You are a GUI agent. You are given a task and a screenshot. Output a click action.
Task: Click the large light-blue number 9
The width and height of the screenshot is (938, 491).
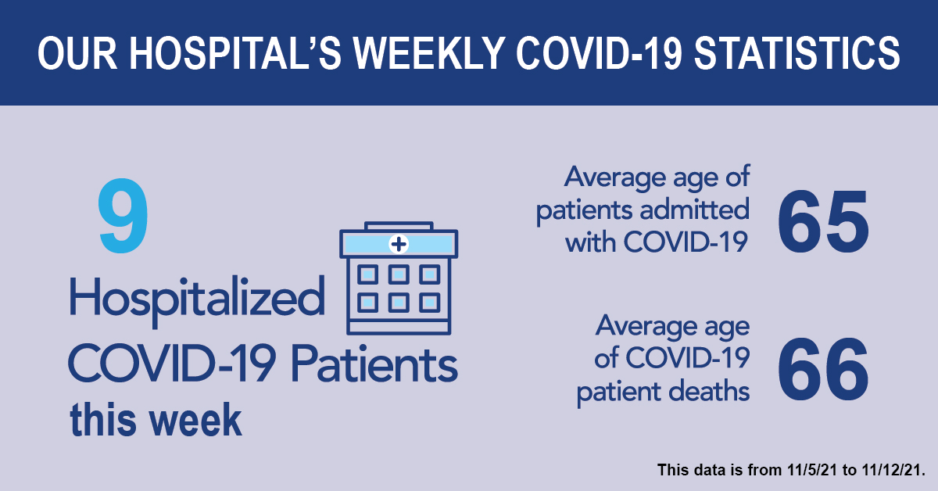tap(124, 215)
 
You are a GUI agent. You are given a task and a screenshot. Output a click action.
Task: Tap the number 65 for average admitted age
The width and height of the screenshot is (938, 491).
tap(823, 221)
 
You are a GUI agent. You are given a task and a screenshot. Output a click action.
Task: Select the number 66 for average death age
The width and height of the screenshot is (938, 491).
tap(823, 370)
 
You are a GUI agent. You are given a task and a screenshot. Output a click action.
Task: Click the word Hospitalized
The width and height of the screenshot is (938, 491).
tap(197, 300)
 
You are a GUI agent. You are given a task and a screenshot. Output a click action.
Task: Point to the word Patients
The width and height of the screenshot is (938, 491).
tap(374, 363)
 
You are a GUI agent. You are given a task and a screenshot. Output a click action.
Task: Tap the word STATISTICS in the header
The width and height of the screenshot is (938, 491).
tap(797, 54)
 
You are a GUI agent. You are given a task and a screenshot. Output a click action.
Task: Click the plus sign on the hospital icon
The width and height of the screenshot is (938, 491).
tap(399, 244)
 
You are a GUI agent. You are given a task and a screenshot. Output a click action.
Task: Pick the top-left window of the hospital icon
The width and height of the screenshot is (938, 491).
tap(367, 275)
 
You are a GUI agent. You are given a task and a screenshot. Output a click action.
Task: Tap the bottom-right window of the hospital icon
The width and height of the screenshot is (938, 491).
tap(430, 303)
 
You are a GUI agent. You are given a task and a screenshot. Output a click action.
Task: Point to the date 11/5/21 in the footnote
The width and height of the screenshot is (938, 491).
tap(812, 470)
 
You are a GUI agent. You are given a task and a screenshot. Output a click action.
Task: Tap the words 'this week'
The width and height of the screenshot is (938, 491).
tap(156, 420)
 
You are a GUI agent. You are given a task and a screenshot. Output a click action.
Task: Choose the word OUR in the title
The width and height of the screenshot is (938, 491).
tap(78, 54)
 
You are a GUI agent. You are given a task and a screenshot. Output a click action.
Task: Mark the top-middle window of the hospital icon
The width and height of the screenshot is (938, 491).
tap(399, 275)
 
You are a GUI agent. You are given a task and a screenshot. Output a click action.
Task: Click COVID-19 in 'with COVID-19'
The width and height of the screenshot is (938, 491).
tap(686, 242)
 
